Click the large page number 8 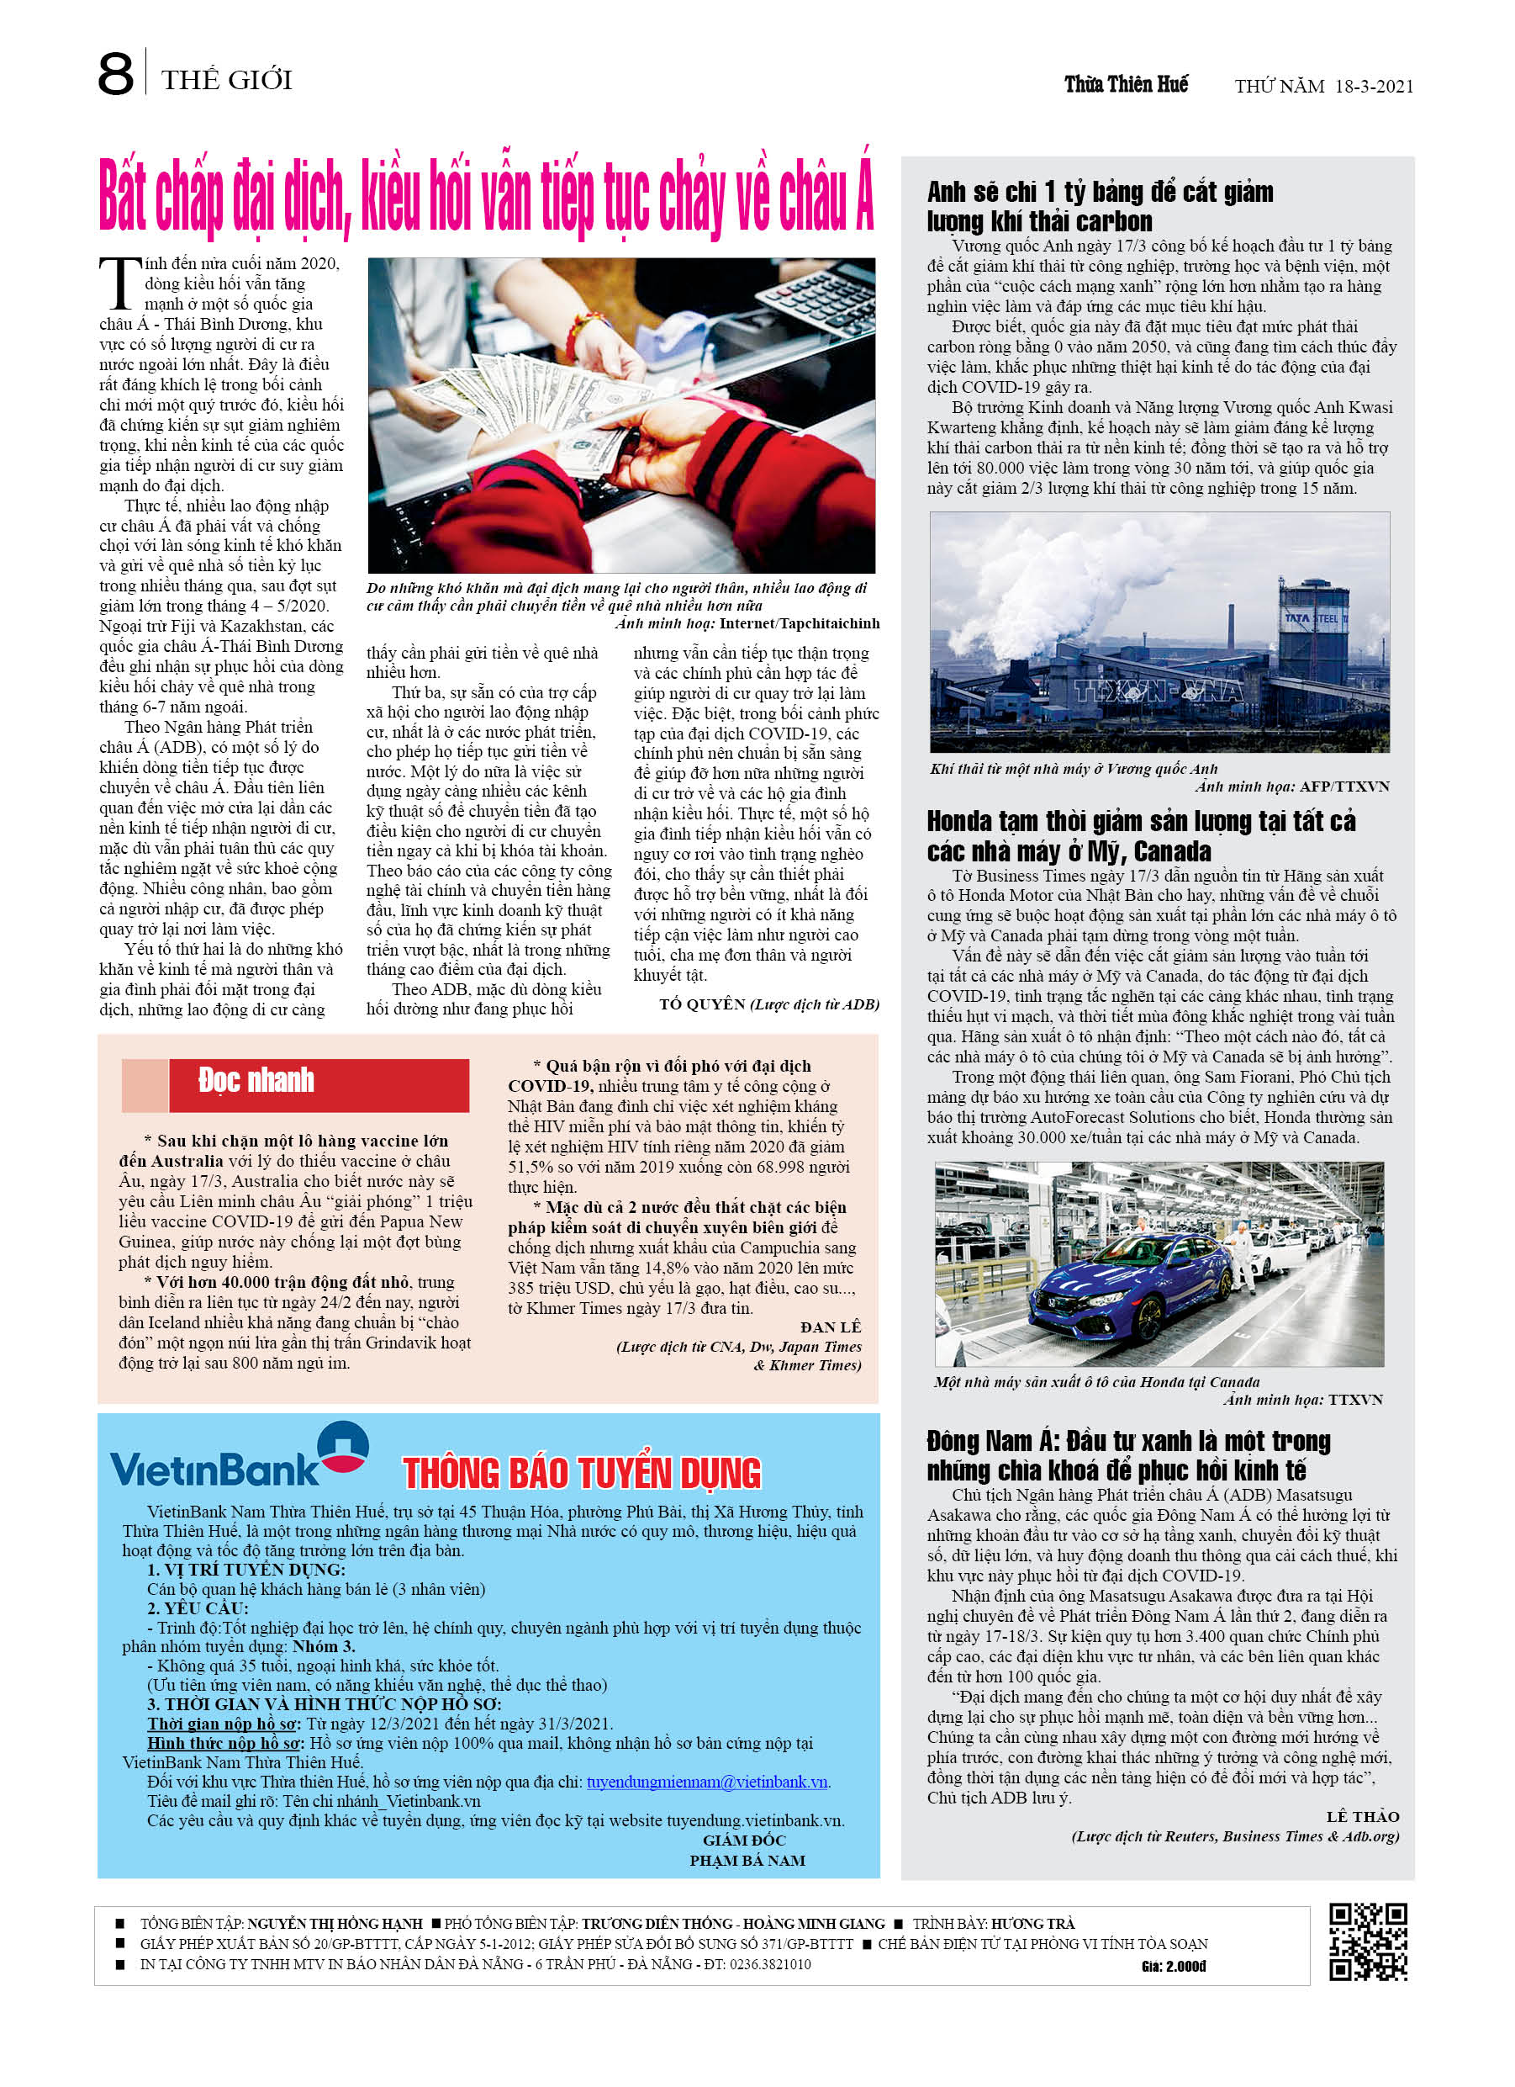[116, 76]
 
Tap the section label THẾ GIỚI [226, 81]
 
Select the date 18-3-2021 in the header [1374, 87]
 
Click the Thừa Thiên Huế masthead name [1126, 85]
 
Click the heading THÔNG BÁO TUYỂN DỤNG [581, 1473]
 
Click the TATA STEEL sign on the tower [1311, 618]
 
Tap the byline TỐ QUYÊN [702, 1004]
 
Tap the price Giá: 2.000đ [1173, 1967]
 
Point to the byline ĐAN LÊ [830, 1327]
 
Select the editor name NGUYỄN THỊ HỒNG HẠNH [335, 1923]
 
